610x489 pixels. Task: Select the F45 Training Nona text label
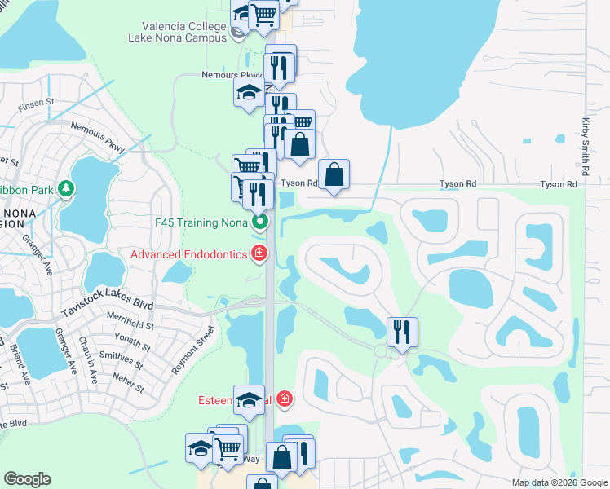pos(200,222)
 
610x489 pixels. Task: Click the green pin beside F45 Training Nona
pos(259,221)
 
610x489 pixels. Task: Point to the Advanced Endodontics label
pos(188,254)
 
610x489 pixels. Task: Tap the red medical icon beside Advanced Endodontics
pos(259,254)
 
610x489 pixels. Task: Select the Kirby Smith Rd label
pos(586,146)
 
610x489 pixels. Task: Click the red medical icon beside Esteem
pos(285,399)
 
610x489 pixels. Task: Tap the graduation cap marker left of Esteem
pos(249,399)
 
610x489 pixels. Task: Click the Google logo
pos(28,479)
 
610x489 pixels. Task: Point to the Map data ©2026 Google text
pos(559,482)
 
